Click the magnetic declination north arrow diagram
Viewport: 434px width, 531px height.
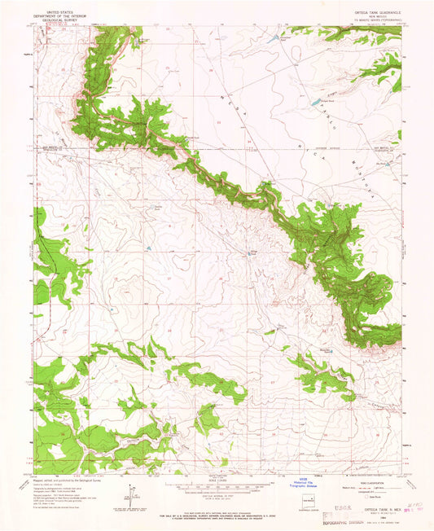(x=130, y=494)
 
